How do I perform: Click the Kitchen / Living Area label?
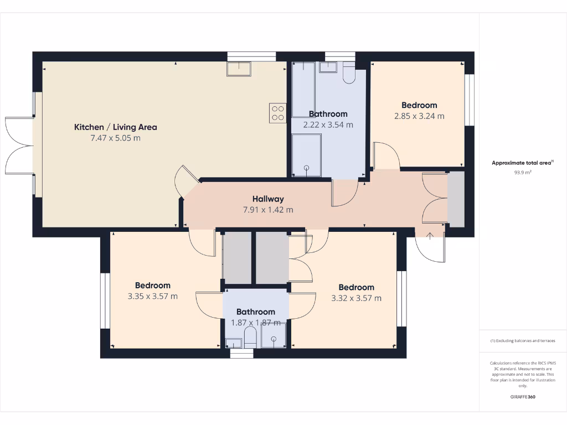115,127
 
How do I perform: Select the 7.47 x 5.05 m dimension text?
115,138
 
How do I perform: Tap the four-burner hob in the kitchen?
277,113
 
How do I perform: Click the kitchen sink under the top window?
238,69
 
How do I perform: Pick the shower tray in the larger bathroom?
306,156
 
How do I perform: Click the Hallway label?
268,199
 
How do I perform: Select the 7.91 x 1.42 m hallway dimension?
268,210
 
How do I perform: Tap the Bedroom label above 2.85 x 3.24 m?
419,105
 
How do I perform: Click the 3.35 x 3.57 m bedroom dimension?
152,296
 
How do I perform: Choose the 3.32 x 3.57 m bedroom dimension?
356,298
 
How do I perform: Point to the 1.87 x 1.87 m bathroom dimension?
255,323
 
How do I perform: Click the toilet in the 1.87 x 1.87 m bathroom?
250,337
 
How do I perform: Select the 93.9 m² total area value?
523,173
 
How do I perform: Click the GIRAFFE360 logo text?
523,397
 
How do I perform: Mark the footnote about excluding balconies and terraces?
523,341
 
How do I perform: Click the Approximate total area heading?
522,163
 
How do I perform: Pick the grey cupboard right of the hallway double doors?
456,199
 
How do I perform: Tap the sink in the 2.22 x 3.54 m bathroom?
328,68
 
